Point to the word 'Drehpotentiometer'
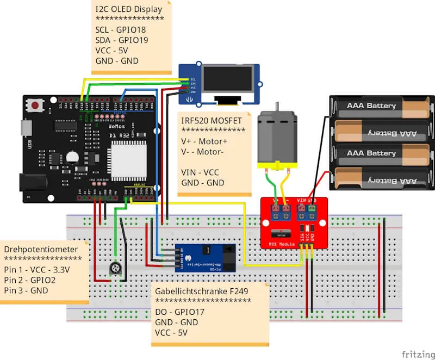pyautogui.click(x=41, y=249)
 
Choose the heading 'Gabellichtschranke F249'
pyautogui.click(x=201, y=291)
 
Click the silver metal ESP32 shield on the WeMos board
pyautogui.click(x=129, y=158)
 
